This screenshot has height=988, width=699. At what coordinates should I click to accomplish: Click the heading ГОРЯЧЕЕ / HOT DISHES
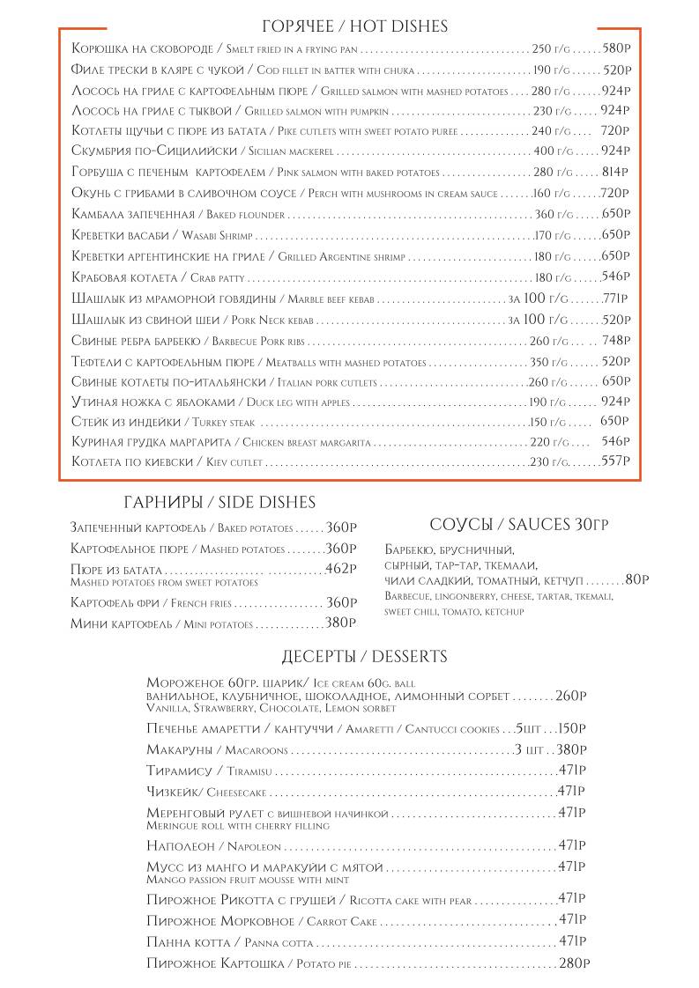pyautogui.click(x=355, y=27)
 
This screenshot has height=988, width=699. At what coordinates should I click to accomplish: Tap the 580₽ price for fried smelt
pyautogui.click(x=616, y=48)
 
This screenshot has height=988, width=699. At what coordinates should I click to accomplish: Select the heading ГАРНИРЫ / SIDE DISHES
pyautogui.click(x=219, y=503)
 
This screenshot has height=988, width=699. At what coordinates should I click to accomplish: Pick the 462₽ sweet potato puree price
pyautogui.click(x=340, y=569)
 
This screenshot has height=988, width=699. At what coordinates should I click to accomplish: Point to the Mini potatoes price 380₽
pyautogui.click(x=340, y=623)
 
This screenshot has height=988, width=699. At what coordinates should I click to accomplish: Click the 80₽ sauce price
pyautogui.click(x=636, y=579)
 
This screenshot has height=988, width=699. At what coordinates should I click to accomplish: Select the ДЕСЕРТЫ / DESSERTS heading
pyautogui.click(x=364, y=657)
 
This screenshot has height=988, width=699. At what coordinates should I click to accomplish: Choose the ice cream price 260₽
pyautogui.click(x=571, y=696)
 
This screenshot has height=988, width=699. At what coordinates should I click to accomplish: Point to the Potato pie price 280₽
pyautogui.click(x=573, y=963)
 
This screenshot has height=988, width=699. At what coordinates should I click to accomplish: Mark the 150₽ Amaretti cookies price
pyautogui.click(x=572, y=728)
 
